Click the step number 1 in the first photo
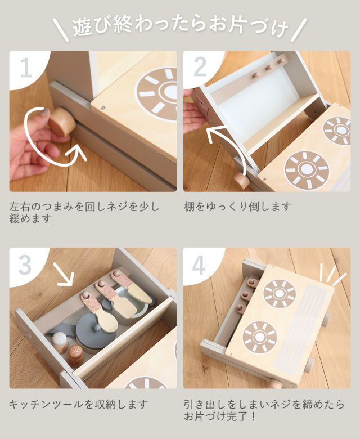(x=26, y=68)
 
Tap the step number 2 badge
(x=200, y=66)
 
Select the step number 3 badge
(x=25, y=265)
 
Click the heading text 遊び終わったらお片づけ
(x=180, y=27)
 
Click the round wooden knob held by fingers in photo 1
(x=61, y=122)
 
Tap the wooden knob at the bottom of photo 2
(x=241, y=181)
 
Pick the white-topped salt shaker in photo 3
(x=60, y=342)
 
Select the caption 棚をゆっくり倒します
(x=238, y=207)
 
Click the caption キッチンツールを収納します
(x=79, y=404)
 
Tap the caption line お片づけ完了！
(x=220, y=416)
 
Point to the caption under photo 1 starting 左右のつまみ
(x=84, y=213)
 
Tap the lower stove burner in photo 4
(x=259, y=337)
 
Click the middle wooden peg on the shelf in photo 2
(x=269, y=67)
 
